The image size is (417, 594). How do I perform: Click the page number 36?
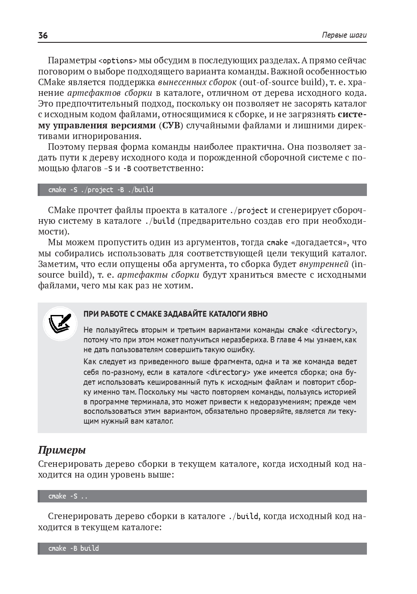43,36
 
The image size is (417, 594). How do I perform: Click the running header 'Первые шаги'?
344,36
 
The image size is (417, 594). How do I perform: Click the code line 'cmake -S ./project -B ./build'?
101,190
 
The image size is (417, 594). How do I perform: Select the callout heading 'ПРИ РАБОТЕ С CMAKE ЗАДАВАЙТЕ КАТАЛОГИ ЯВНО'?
176,314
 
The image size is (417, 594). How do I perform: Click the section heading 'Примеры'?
62,450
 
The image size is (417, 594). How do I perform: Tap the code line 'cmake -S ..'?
68,496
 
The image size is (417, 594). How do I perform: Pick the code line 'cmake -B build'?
74,549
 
